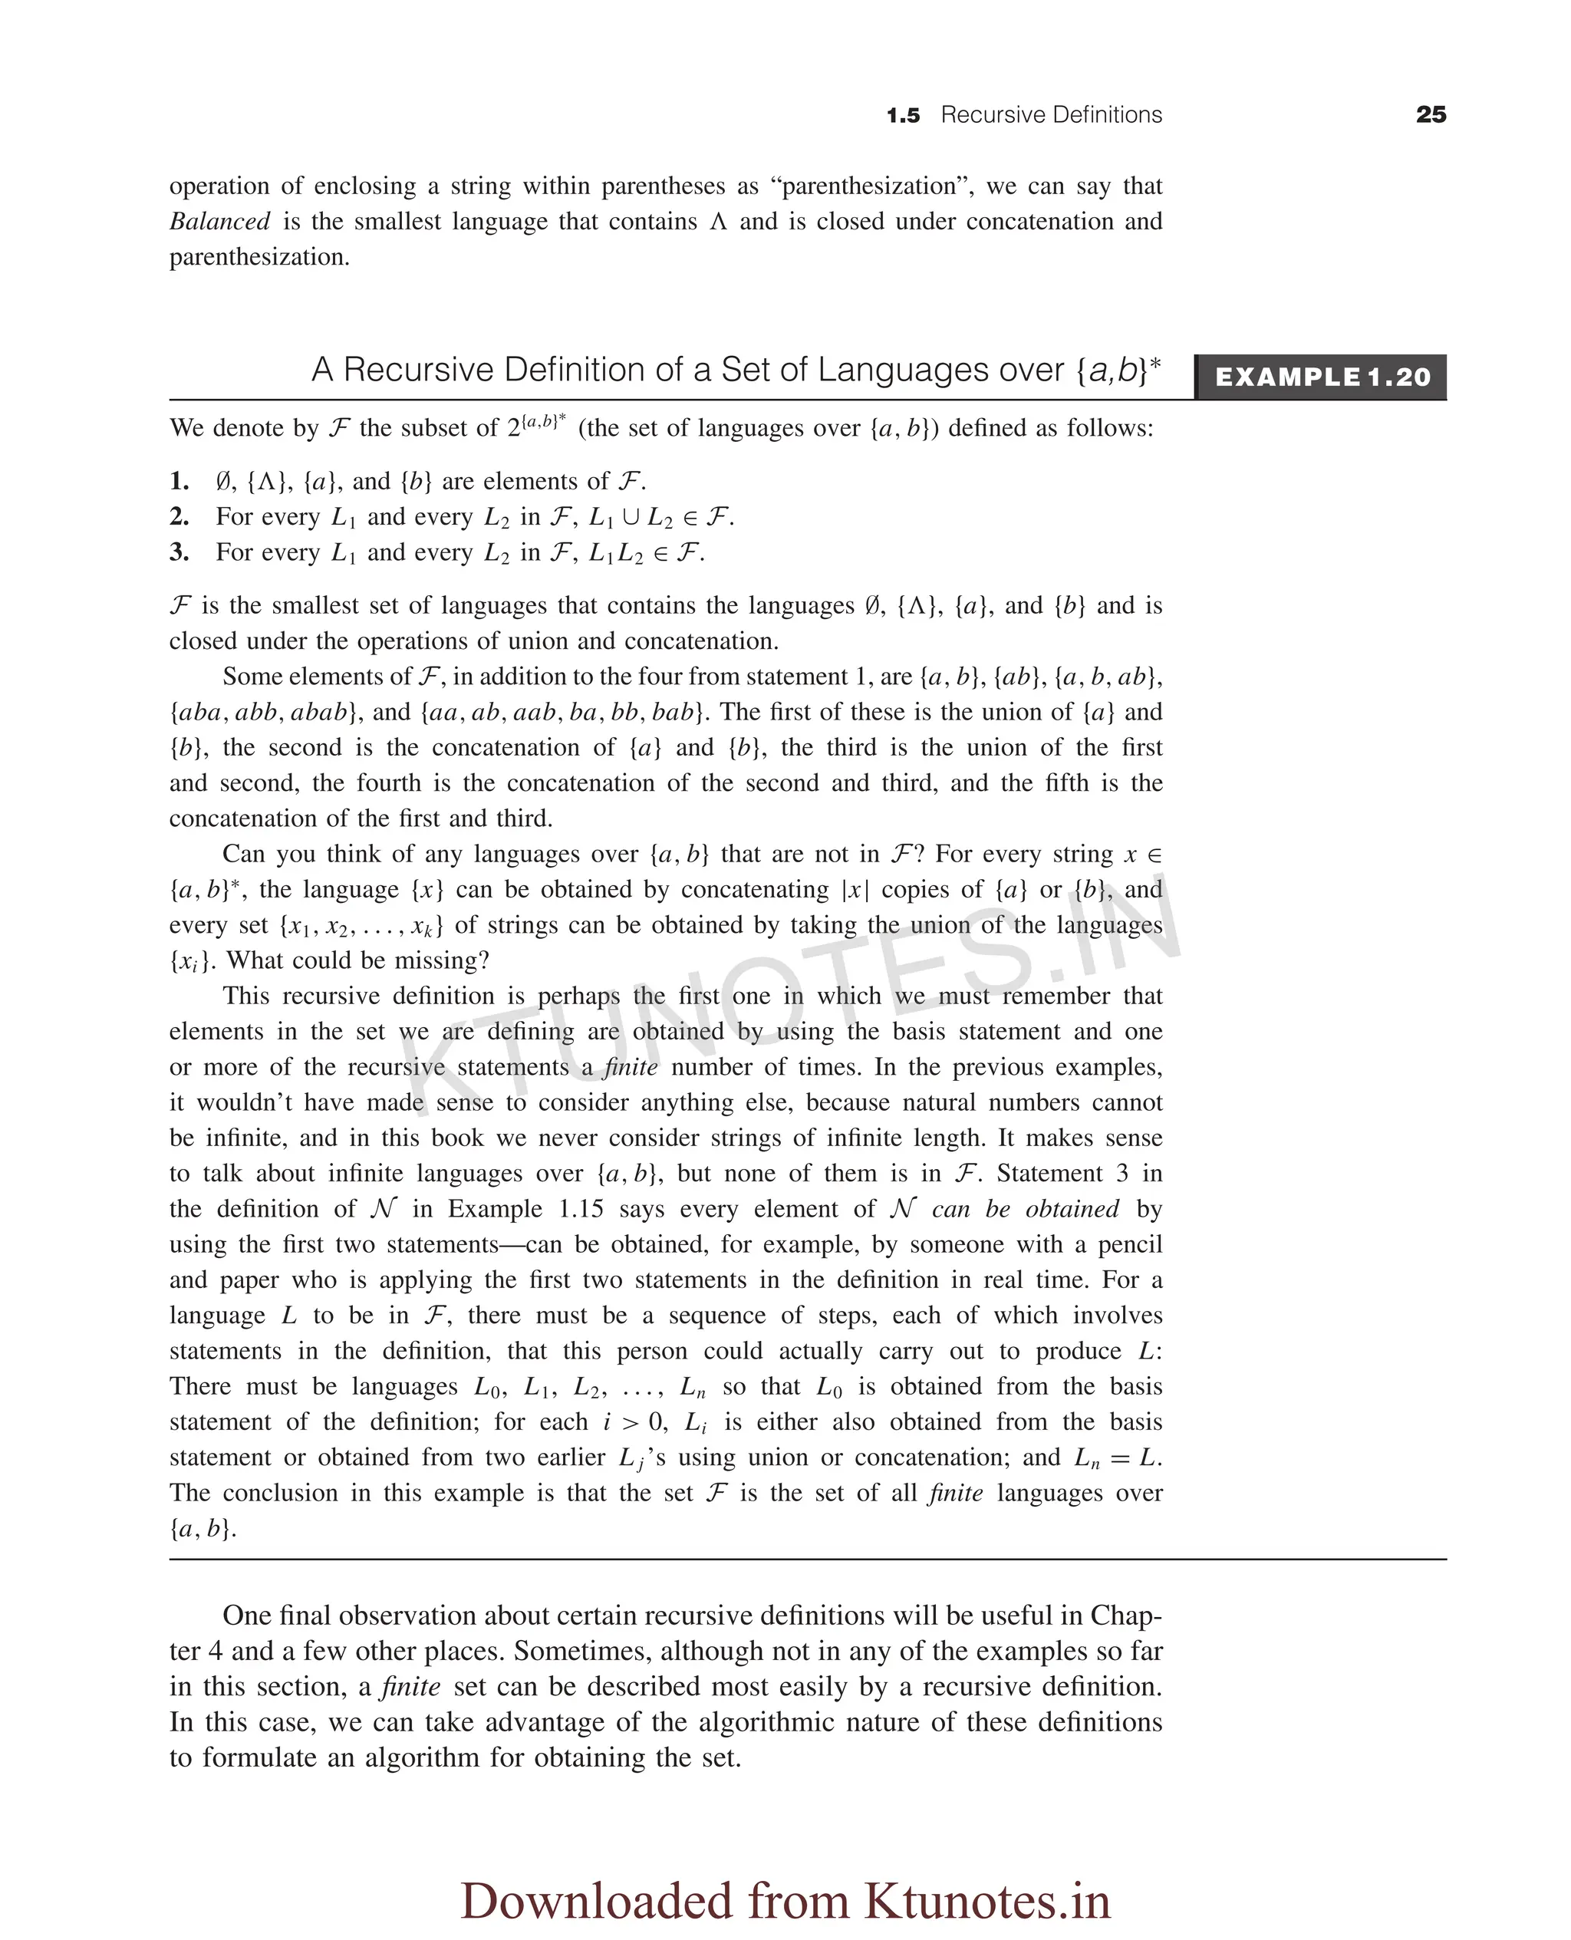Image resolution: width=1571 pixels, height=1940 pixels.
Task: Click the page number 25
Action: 1431,115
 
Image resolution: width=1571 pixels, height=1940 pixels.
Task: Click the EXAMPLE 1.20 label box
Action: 1321,377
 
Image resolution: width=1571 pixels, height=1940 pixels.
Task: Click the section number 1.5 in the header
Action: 902,116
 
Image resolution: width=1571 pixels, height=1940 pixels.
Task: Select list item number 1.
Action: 179,482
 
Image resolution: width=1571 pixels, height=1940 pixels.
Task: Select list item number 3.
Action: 179,552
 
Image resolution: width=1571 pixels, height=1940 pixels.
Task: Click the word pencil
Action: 1129,1244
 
